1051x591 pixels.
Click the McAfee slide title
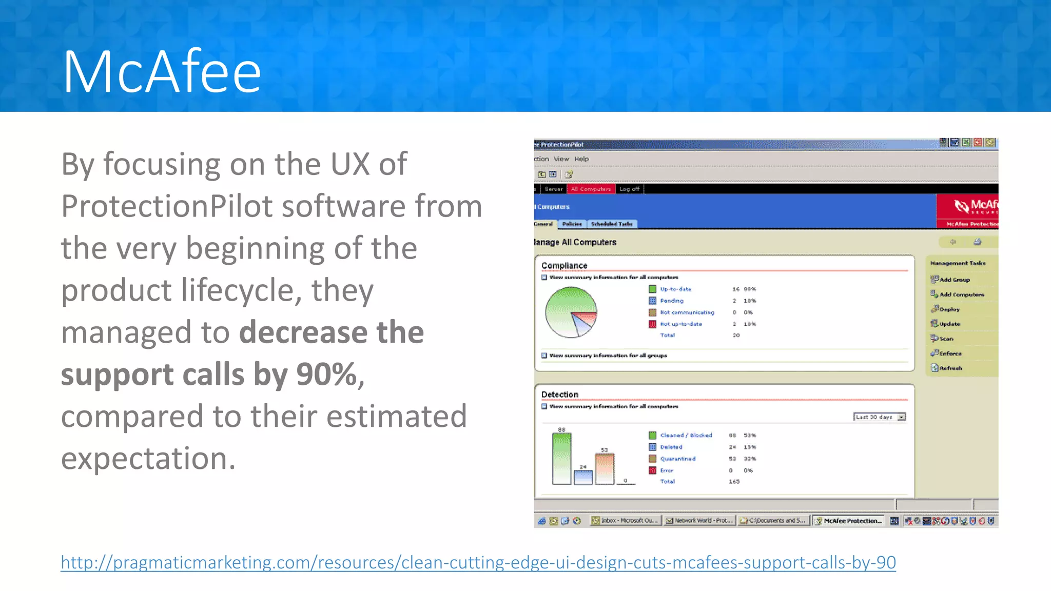click(162, 71)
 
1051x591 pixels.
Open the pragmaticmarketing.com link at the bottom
click(478, 562)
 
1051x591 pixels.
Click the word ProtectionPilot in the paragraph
click(167, 206)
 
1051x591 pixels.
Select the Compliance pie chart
click(571, 312)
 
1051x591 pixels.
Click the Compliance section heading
click(564, 265)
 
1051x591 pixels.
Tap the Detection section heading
click(559, 394)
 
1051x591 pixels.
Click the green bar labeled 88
click(561, 459)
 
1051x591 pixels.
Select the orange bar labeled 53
click(604, 468)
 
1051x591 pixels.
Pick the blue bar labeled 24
click(583, 477)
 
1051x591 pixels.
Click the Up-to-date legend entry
click(675, 289)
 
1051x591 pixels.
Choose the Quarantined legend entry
click(677, 459)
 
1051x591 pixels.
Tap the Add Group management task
click(954, 280)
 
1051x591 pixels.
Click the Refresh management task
click(950, 368)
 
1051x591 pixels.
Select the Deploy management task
click(949, 309)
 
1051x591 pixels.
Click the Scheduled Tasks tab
click(611, 224)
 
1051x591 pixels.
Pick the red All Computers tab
click(591, 189)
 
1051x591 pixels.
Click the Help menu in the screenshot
click(581, 159)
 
